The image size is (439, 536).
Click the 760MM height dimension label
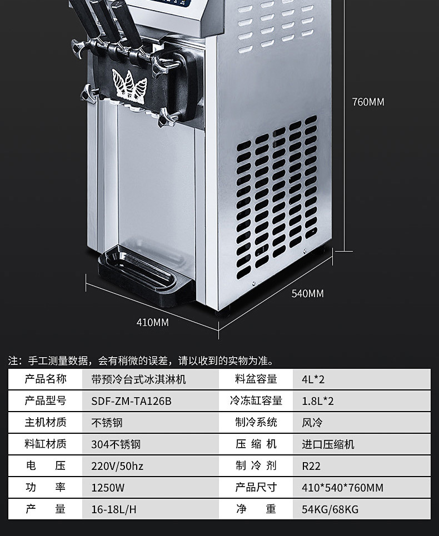[x=368, y=102]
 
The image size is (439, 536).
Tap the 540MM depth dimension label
[x=307, y=293]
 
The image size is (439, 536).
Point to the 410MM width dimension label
[x=152, y=322]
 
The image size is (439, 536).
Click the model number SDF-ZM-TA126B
[x=131, y=400]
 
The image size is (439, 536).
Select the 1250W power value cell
[x=108, y=488]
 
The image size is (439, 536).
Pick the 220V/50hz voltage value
[x=117, y=466]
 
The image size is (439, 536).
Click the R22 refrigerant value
[x=311, y=466]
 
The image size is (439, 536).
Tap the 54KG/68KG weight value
[x=330, y=509]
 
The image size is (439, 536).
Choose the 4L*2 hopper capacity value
[x=313, y=379]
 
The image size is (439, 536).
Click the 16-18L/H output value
[x=114, y=509]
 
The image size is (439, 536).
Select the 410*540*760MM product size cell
[x=342, y=488]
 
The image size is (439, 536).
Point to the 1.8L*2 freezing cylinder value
[x=318, y=400]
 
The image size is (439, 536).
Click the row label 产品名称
[x=46, y=379]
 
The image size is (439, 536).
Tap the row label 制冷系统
[x=256, y=422]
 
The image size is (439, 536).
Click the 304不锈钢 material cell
[x=116, y=444]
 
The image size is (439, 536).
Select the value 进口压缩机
[x=328, y=444]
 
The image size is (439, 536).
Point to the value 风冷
[x=312, y=423]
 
